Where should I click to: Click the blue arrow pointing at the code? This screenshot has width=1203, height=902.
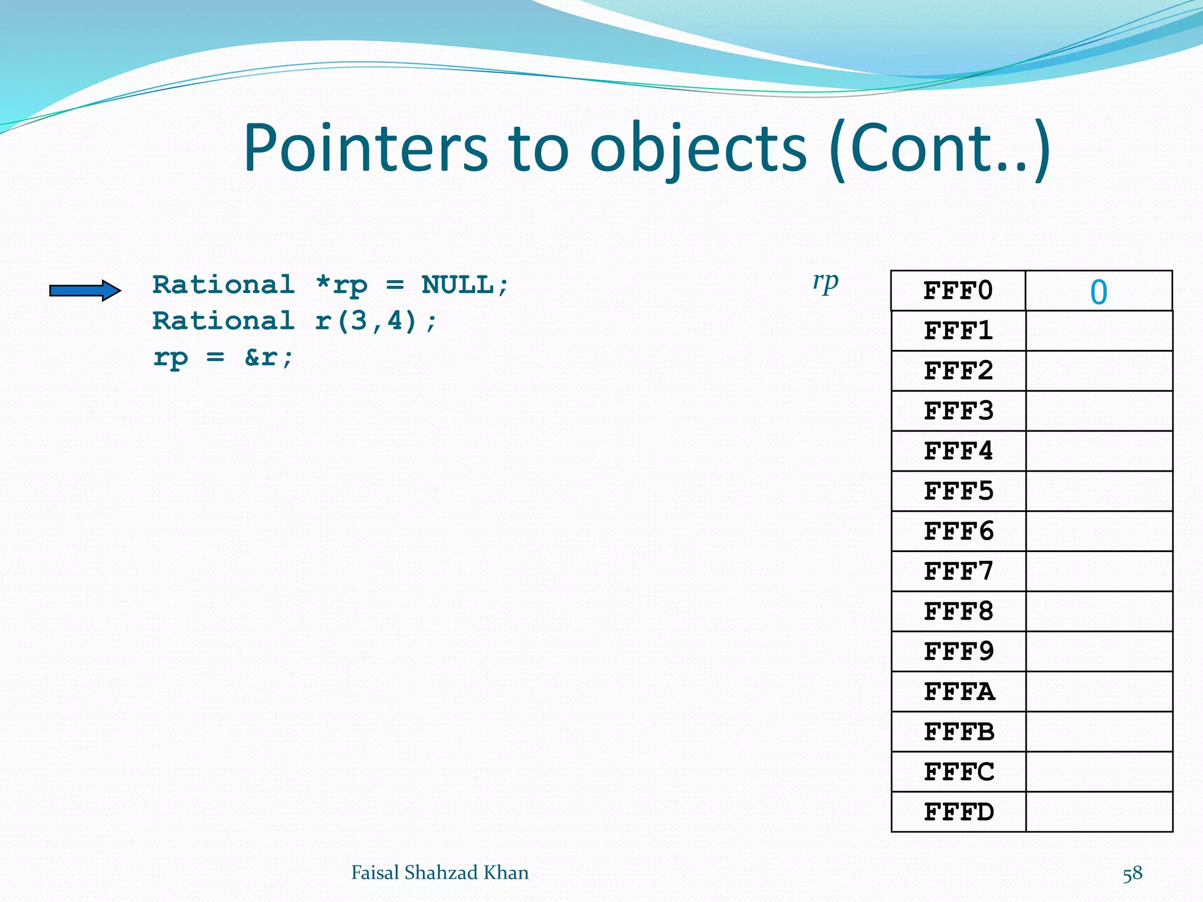pyautogui.click(x=85, y=290)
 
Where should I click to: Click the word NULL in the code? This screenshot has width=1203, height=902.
pyautogui.click(x=458, y=285)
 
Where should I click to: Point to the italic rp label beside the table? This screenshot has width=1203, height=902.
pyautogui.click(x=825, y=282)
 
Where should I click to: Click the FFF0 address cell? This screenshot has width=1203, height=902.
pyautogui.click(x=958, y=291)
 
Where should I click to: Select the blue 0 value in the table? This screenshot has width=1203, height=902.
pyautogui.click(x=1098, y=292)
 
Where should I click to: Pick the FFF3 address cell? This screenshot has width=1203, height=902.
pyautogui.click(x=958, y=411)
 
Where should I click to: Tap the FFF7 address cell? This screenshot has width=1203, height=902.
pyautogui.click(x=958, y=571)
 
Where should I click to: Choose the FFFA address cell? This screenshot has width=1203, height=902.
pyautogui.click(x=958, y=692)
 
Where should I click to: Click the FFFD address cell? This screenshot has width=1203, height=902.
pyautogui.click(x=958, y=812)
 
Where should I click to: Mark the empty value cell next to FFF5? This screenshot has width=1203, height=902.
pyautogui.click(x=1099, y=491)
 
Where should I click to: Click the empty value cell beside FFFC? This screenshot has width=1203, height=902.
pyautogui.click(x=1099, y=772)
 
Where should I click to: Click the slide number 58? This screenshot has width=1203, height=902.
pyautogui.click(x=1133, y=874)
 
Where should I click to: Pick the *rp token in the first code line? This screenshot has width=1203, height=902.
pyautogui.click(x=341, y=285)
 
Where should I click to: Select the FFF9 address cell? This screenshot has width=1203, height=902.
pyautogui.click(x=958, y=652)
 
